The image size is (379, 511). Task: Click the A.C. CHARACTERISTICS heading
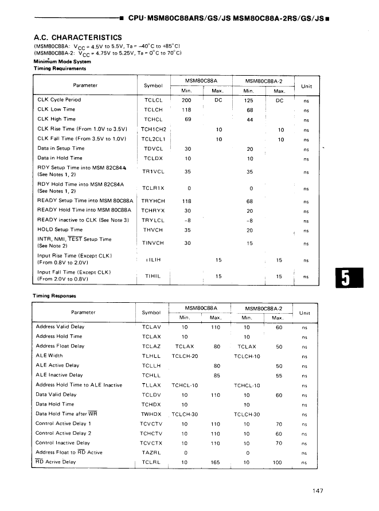[x=78, y=37]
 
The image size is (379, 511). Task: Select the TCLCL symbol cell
[x=154, y=100]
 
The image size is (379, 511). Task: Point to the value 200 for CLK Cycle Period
[x=186, y=100]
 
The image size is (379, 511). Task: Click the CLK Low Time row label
[x=56, y=110]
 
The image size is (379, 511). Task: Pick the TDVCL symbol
[x=154, y=149]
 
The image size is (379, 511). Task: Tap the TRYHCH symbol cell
[x=154, y=201]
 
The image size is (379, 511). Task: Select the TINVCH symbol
[x=154, y=243]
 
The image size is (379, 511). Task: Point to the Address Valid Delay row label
[x=60, y=327]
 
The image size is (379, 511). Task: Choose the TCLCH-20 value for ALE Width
[x=185, y=356]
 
